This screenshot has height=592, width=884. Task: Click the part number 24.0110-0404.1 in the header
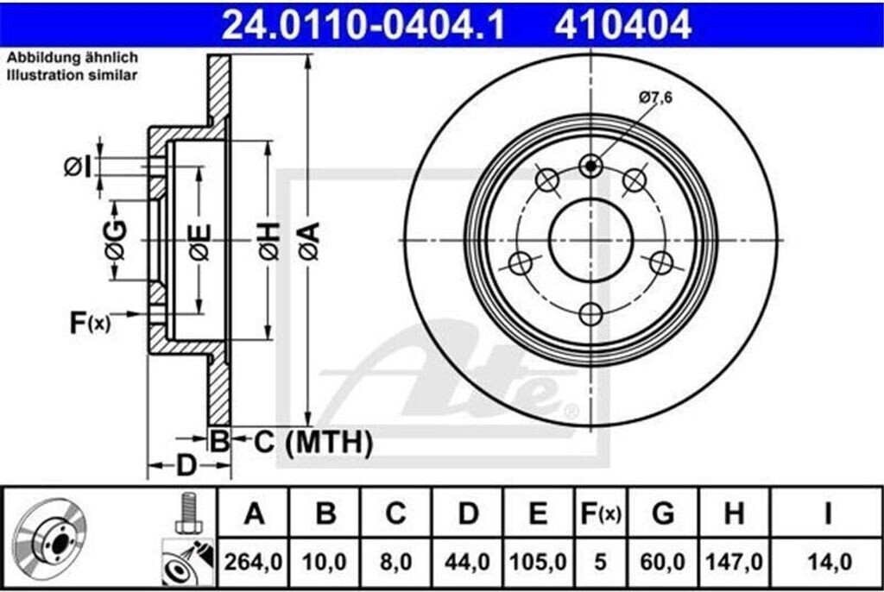pyautogui.click(x=363, y=24)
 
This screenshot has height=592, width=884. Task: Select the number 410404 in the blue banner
pyautogui.click(x=622, y=24)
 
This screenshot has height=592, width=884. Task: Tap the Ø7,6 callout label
pyautogui.click(x=656, y=98)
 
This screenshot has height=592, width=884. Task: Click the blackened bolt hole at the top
pyautogui.click(x=590, y=166)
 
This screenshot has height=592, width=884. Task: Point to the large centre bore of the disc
pyautogui.click(x=590, y=241)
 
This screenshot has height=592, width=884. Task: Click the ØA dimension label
pyautogui.click(x=310, y=241)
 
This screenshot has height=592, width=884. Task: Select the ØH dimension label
pyautogui.click(x=269, y=241)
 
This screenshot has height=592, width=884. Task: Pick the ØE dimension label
pyautogui.click(x=200, y=242)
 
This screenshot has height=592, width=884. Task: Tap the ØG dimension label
pyautogui.click(x=116, y=240)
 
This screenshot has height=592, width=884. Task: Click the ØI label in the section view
pyautogui.click(x=77, y=167)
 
